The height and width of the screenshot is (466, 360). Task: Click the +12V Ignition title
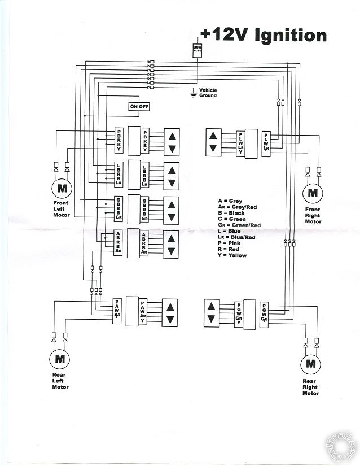pyautogui.click(x=262, y=35)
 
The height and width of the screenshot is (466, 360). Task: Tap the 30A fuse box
pyautogui.click(x=197, y=49)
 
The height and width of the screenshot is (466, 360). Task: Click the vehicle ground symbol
pyautogui.click(x=193, y=94)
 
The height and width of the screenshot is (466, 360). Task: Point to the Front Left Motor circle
pyautogui.click(x=62, y=187)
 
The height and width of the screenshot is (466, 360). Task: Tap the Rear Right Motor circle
pyautogui.click(x=310, y=363)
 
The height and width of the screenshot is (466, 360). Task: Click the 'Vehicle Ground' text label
pyautogui.click(x=207, y=93)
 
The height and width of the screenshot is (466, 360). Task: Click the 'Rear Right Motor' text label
pyautogui.click(x=310, y=387)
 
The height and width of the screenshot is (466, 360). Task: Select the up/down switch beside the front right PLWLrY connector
pyautogui.click(x=213, y=142)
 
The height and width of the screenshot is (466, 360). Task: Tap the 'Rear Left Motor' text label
pyautogui.click(x=60, y=381)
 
